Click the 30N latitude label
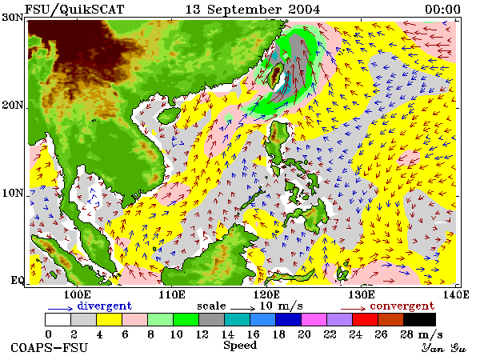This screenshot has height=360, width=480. point(13,17)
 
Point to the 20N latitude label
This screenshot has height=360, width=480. point(13,105)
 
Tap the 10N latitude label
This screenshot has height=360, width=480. point(13,193)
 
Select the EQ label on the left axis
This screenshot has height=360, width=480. point(17,280)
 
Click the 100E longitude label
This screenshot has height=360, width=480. point(77,294)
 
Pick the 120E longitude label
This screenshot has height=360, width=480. point(266,294)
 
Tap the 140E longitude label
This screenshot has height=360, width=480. point(456,294)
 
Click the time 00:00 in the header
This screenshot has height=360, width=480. point(442,9)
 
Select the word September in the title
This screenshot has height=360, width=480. point(244,10)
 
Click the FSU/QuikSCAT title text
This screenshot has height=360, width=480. point(74,10)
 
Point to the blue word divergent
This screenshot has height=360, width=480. point(105,306)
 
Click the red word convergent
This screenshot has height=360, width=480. point(402,306)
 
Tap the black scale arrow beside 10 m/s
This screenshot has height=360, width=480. point(242,309)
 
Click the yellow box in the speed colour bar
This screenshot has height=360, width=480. point(110,319)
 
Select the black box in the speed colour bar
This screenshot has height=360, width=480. point(419,319)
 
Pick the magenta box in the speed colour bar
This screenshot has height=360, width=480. point(314,319)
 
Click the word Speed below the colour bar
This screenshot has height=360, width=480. point(240,346)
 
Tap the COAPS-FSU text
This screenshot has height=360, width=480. point(50,348)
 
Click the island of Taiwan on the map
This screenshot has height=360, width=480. point(275,75)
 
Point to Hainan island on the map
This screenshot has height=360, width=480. point(169,116)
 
